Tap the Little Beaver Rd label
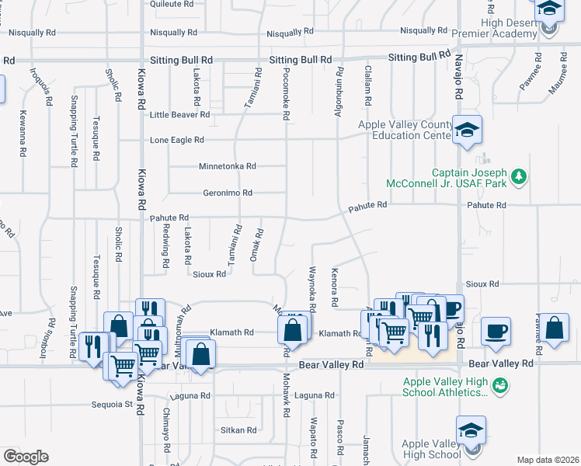[x=179, y=114]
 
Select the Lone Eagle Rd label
[x=176, y=140]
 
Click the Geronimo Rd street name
[x=228, y=193]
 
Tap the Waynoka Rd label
[x=312, y=289]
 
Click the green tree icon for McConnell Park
[x=519, y=177]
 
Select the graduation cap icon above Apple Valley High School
[x=471, y=429]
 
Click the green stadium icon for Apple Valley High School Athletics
[x=500, y=384]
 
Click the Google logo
[x=26, y=456]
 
